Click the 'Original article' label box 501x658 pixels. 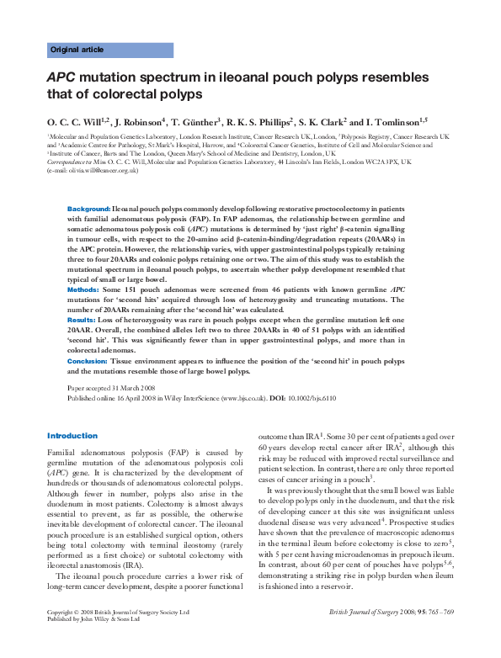tap(77, 50)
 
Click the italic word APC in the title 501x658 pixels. tap(60, 77)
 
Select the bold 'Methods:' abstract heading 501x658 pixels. tap(83, 289)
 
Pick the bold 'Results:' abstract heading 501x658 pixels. tap(82, 321)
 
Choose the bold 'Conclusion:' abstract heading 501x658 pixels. tap(88, 361)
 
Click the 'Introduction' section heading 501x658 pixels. tap(72, 436)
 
